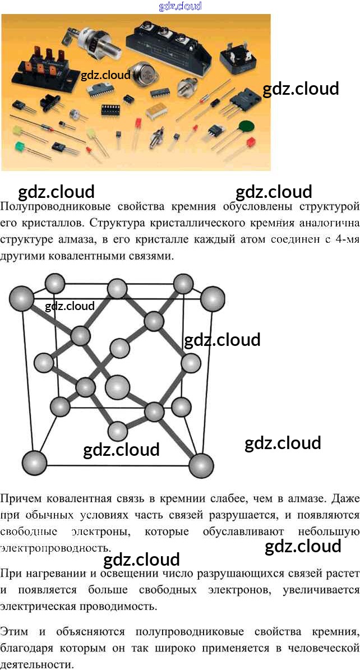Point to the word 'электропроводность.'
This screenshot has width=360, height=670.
pyautogui.click(x=56, y=547)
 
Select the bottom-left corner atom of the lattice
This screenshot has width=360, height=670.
pyautogui.click(x=36, y=463)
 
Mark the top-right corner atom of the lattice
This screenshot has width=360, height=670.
pyautogui.click(x=213, y=298)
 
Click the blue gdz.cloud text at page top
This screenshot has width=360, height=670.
pyautogui.click(x=180, y=6)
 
